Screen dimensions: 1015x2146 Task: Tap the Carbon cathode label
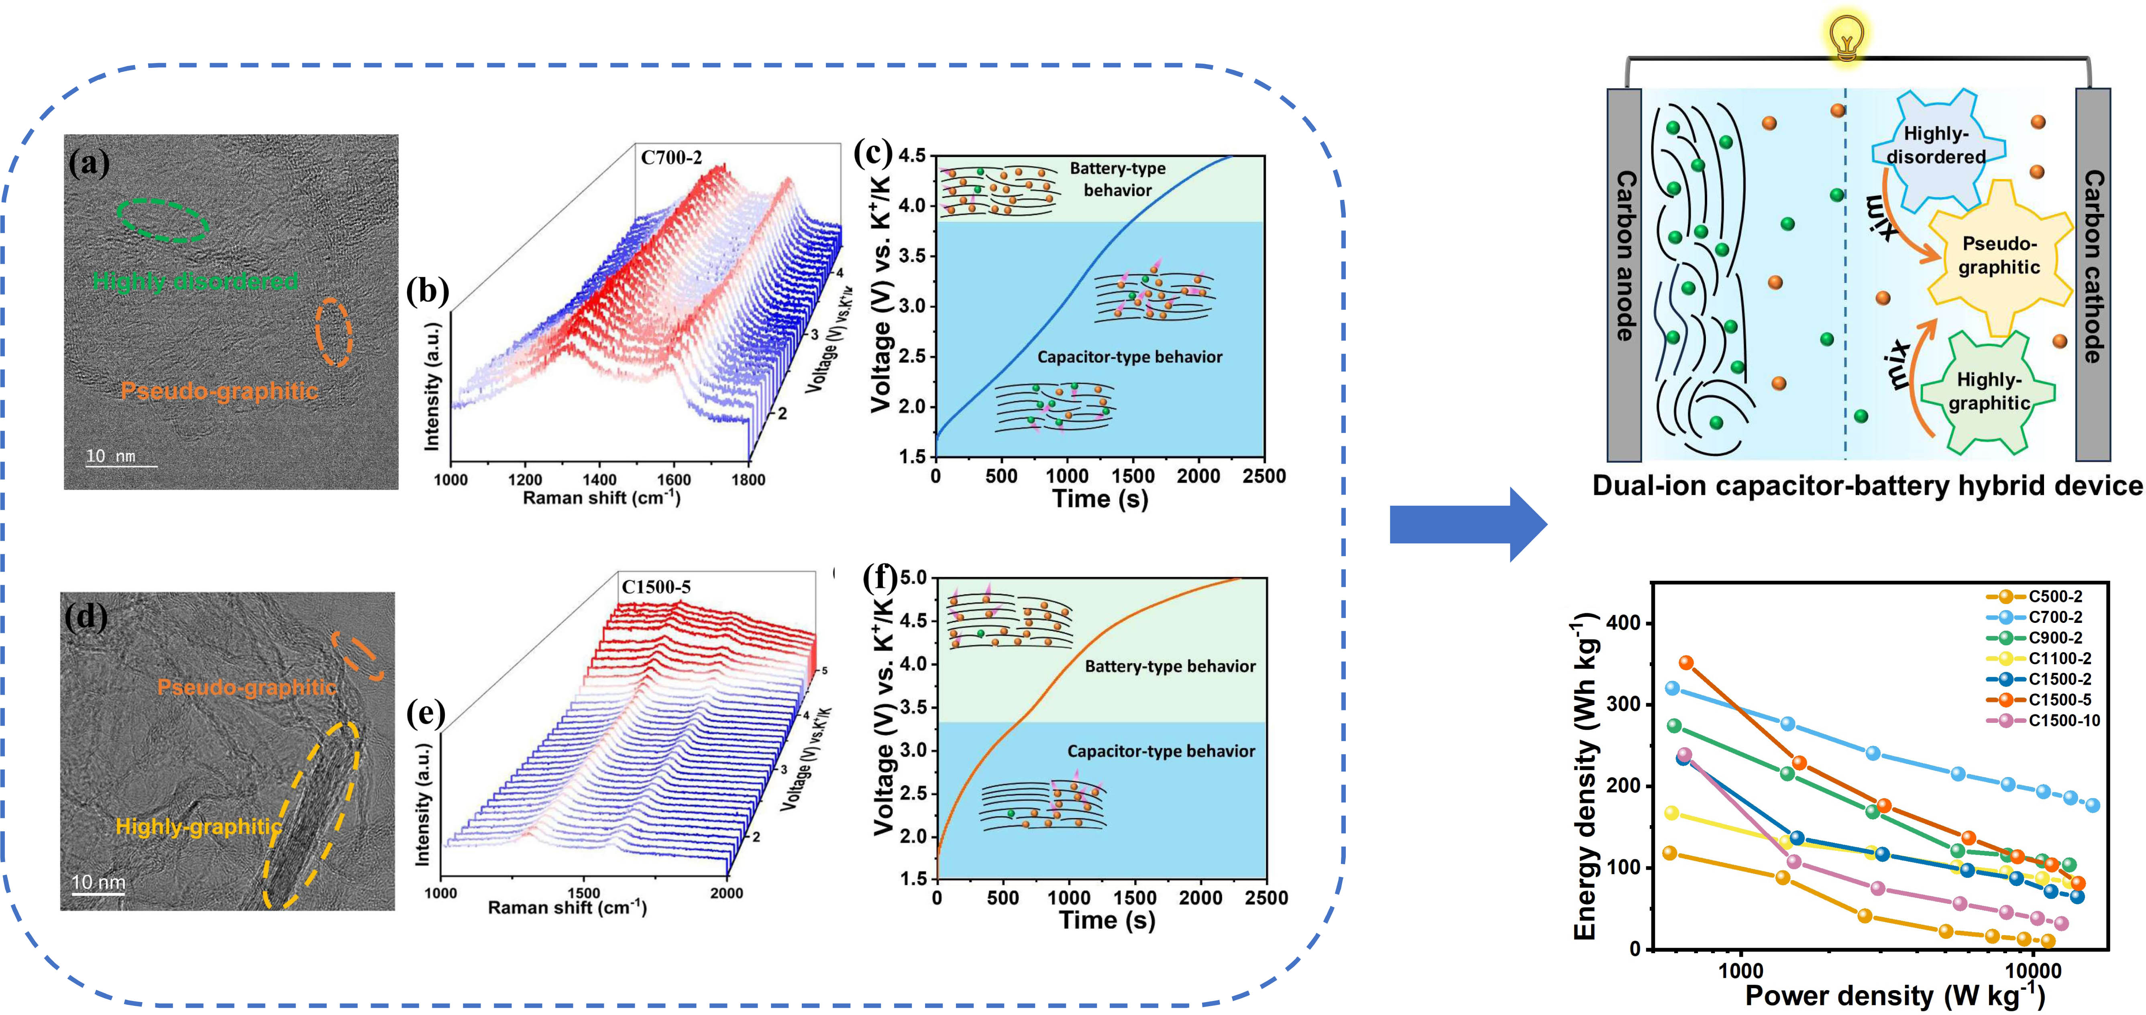point(2093,266)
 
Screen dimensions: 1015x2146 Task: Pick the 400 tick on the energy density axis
point(1622,623)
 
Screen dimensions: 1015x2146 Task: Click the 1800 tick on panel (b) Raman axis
point(748,480)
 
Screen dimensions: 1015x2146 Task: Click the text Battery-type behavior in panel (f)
point(1170,666)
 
